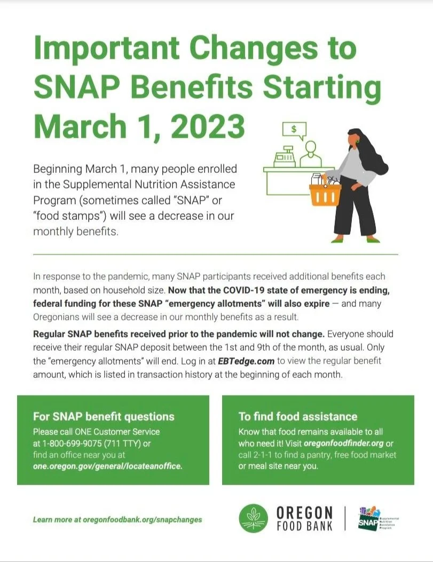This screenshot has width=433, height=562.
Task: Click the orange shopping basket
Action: (x=325, y=193)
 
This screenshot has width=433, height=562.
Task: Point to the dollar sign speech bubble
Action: (x=295, y=129)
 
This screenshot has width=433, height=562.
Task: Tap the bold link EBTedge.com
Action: (x=246, y=361)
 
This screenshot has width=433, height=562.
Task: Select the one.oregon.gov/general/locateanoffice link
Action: (x=108, y=465)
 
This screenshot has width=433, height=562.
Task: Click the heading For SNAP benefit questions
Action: (x=104, y=416)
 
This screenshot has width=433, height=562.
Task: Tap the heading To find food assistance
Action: (x=298, y=416)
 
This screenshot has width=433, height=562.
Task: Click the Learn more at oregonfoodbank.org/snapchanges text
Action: (x=117, y=519)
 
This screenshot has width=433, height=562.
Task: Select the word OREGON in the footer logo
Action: (x=304, y=513)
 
